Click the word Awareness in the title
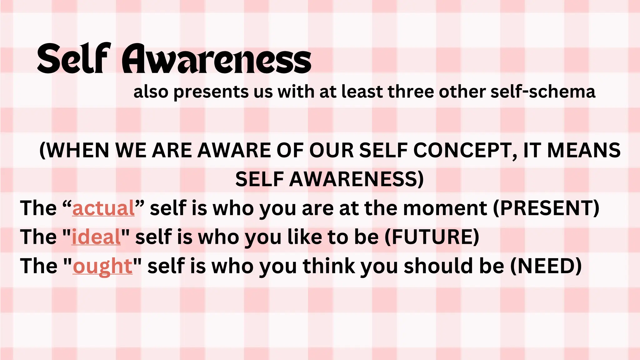point(216,59)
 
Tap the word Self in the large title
point(74,59)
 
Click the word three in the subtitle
point(411,92)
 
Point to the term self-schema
point(543,92)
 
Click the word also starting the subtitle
point(151,92)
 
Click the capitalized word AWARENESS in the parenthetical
point(356,179)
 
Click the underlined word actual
point(103,208)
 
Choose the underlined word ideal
point(96,237)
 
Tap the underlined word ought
point(102,266)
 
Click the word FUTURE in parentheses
point(432,237)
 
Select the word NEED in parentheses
point(546,266)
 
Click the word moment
point(445,208)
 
